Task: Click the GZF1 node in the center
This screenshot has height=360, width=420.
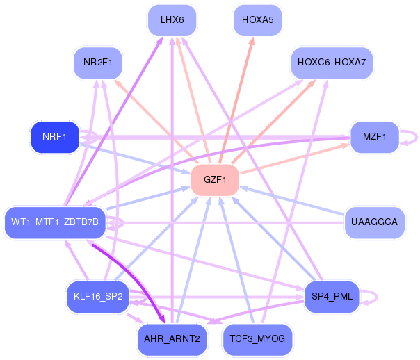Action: (x=215, y=179)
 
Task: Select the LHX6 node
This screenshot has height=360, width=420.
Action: (x=172, y=20)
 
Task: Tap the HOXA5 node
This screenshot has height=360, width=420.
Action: (x=258, y=20)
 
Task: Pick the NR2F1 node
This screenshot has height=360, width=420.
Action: (x=98, y=63)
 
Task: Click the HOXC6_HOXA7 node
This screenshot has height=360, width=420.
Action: (x=332, y=63)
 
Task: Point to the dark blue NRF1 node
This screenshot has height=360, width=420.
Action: (x=55, y=137)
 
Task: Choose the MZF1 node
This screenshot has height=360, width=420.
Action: (x=375, y=137)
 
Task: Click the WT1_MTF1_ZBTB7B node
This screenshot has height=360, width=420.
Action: (x=55, y=222)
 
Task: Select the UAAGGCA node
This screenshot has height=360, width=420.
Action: (x=375, y=222)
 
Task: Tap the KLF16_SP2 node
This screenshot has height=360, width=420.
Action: (x=98, y=297)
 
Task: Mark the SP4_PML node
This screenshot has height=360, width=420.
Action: (x=332, y=297)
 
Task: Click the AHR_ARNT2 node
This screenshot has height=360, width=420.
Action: (x=172, y=339)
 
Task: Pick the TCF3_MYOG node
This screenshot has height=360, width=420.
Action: (x=257, y=339)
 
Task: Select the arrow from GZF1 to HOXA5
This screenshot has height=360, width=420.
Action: (x=236, y=100)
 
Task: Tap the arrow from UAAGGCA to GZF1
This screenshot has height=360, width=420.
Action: (x=292, y=201)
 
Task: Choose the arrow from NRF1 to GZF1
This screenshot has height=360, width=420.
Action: (x=135, y=158)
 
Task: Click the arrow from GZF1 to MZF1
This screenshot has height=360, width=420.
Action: (x=295, y=158)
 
